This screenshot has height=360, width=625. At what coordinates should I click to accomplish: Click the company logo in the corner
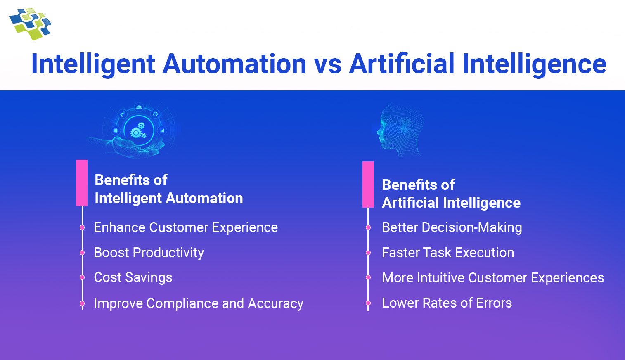pyautogui.click(x=30, y=24)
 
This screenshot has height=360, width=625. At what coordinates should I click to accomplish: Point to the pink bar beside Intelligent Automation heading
pyautogui.click(x=82, y=183)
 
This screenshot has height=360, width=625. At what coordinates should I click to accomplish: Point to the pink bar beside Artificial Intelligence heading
pyautogui.click(x=368, y=185)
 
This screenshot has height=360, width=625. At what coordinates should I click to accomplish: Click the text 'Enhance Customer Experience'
pyautogui.click(x=186, y=227)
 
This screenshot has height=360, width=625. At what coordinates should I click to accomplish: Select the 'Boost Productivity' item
pyautogui.click(x=149, y=253)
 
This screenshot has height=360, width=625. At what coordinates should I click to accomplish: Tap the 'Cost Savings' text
pyautogui.click(x=133, y=277)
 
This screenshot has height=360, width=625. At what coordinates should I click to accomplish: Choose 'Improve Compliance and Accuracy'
pyautogui.click(x=199, y=303)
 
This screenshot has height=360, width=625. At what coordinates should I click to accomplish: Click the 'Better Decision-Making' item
pyautogui.click(x=452, y=227)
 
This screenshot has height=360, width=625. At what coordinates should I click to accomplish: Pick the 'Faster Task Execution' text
pyautogui.click(x=448, y=253)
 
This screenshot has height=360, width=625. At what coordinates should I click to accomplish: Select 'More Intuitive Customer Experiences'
pyautogui.click(x=493, y=278)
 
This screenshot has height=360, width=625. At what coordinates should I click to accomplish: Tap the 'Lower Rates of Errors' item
pyautogui.click(x=447, y=303)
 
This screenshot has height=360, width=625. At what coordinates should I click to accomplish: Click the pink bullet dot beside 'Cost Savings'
pyautogui.click(x=82, y=277)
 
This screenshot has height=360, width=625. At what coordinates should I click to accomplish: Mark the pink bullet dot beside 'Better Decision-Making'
pyautogui.click(x=368, y=227)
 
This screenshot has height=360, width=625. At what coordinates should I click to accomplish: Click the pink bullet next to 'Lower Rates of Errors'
pyautogui.click(x=368, y=303)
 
